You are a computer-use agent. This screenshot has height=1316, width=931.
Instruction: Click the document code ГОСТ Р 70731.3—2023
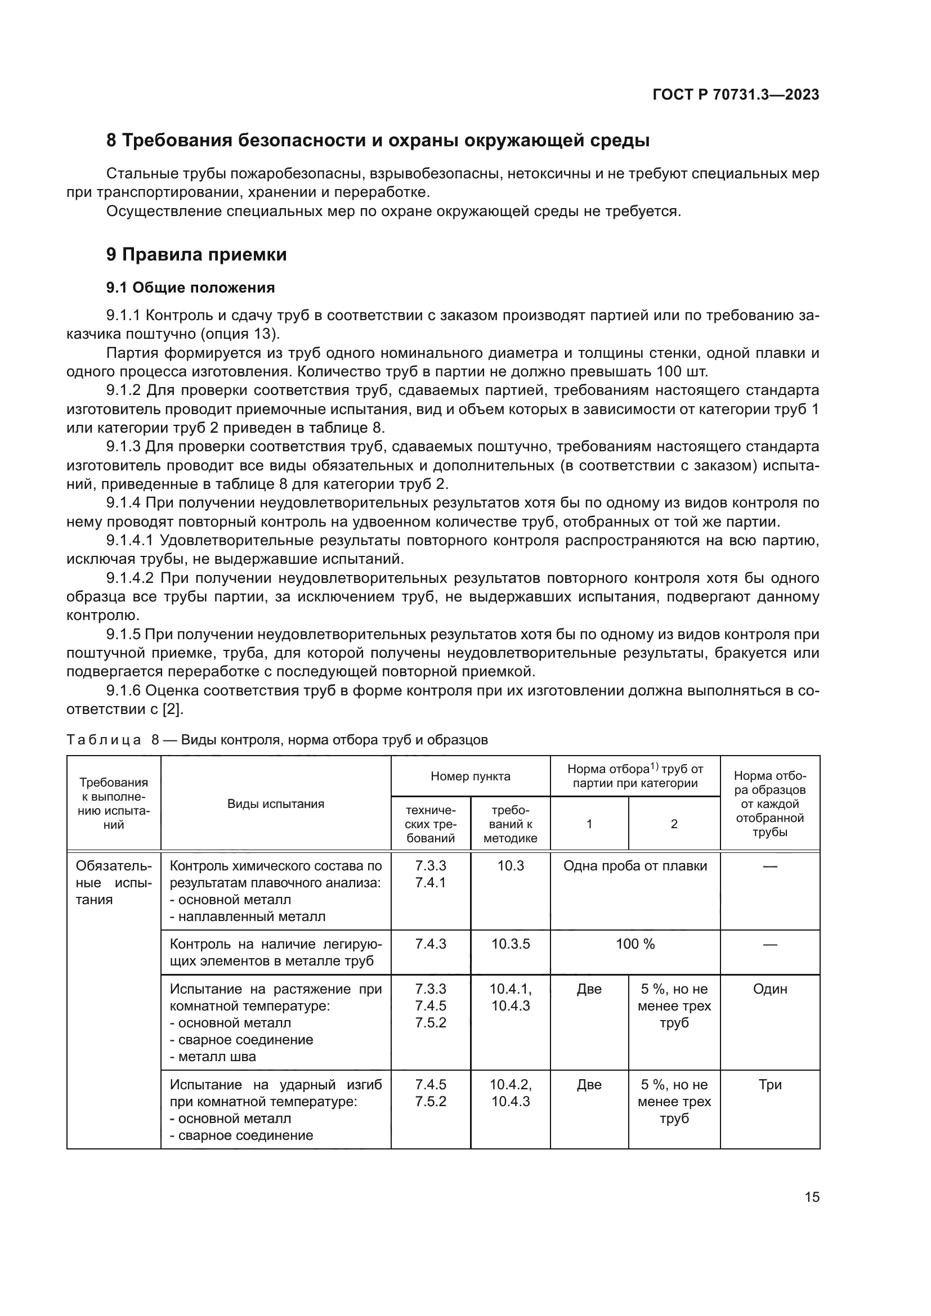click(736, 95)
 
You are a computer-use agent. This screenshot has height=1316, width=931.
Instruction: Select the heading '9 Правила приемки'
click(196, 254)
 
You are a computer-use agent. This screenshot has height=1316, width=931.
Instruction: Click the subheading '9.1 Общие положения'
click(190, 288)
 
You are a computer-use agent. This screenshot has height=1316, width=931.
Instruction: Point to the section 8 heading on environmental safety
click(378, 141)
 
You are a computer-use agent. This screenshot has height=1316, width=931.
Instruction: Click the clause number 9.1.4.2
click(129, 578)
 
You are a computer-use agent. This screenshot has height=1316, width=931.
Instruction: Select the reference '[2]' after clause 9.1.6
click(172, 709)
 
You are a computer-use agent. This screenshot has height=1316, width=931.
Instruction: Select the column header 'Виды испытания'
click(276, 803)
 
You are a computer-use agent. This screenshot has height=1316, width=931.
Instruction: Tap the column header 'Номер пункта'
click(470, 776)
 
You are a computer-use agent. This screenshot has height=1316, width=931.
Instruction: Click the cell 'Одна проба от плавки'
click(634, 865)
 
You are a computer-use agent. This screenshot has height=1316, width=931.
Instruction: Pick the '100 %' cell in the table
click(634, 944)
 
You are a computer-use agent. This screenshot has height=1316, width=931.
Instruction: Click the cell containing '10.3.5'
click(510, 944)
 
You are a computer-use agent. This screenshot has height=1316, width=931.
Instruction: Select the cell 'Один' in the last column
click(769, 989)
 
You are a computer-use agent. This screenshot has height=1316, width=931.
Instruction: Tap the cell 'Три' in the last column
click(769, 1084)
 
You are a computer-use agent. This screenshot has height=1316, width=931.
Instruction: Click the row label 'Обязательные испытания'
click(114, 882)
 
